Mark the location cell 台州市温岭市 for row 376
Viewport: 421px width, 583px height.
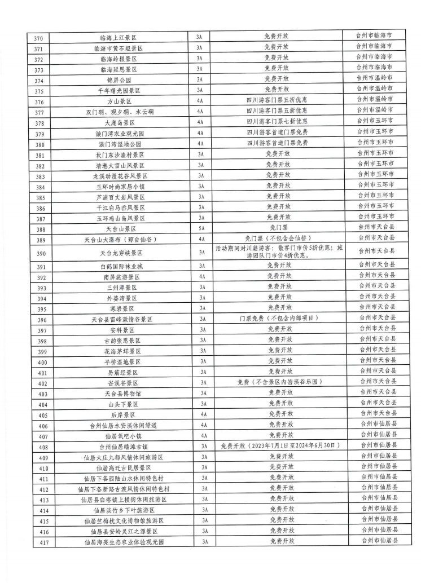(x=375, y=100)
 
